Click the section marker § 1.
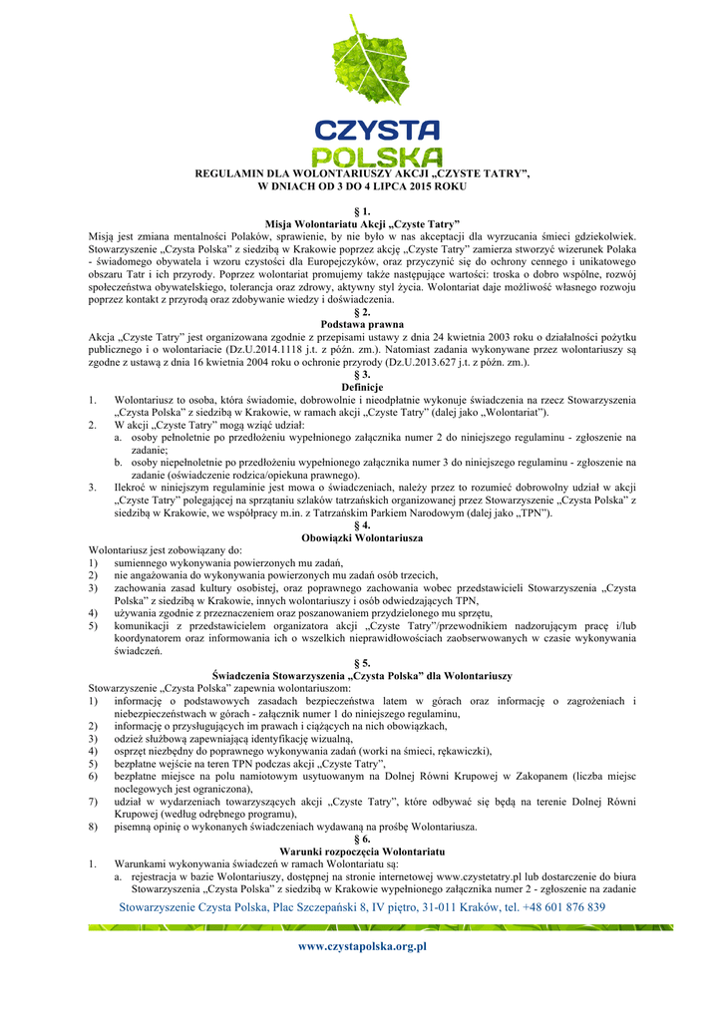tap(361, 211)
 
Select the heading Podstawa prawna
tap(361, 325)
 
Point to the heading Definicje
tap(361, 387)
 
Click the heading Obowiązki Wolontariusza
tap(361, 537)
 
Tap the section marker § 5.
tap(361, 663)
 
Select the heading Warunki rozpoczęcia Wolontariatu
tap(361, 851)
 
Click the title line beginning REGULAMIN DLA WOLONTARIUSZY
tap(361, 174)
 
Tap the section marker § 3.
tap(361, 375)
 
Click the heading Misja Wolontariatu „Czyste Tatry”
tap(361, 224)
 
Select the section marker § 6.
tap(361, 839)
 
